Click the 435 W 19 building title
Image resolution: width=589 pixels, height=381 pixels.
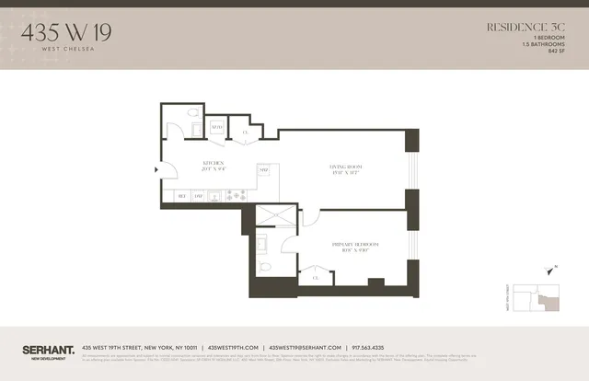58,29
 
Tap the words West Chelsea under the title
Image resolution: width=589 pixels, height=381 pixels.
58,45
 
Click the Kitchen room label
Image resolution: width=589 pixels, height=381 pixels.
214,163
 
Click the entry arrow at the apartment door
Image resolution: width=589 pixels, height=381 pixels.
156,167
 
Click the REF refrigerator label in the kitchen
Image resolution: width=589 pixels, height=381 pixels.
181,196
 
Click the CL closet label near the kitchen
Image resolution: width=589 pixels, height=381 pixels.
245,133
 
